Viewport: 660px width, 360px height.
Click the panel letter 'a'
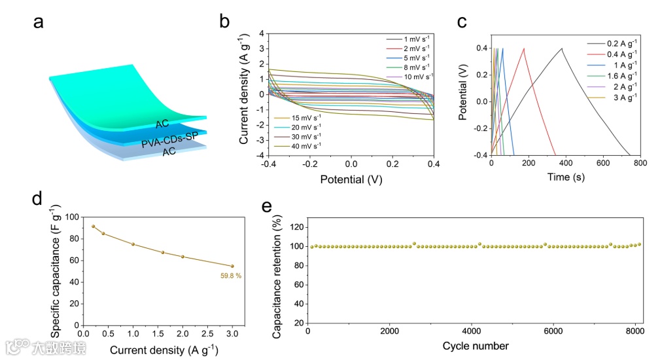(x=39, y=22)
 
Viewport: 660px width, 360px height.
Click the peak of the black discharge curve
(x=561, y=48)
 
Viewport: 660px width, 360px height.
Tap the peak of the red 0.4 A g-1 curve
(x=523, y=48)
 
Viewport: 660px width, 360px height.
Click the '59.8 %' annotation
(x=230, y=276)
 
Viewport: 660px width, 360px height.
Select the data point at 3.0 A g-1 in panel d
(x=232, y=266)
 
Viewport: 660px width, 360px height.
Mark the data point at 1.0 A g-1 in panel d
(x=133, y=244)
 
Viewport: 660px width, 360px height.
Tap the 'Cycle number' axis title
(x=475, y=345)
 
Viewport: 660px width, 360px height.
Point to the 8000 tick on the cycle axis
(x=634, y=331)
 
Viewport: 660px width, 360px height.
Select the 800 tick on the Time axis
(x=640, y=163)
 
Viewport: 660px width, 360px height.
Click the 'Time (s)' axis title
(x=566, y=177)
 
